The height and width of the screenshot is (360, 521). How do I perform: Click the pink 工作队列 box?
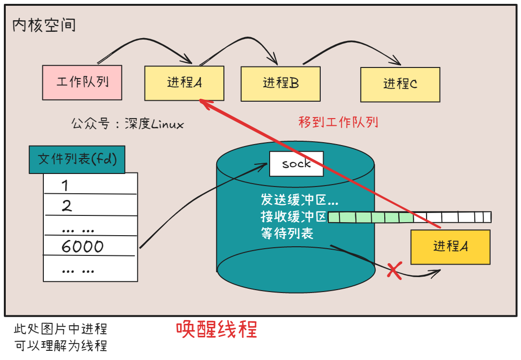pyautogui.click(x=82, y=82)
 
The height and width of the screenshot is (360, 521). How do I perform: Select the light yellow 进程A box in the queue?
pyautogui.click(x=184, y=83)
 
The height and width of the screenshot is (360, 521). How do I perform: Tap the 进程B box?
pyautogui.click(x=280, y=83)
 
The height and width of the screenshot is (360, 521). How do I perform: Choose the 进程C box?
pyautogui.click(x=400, y=84)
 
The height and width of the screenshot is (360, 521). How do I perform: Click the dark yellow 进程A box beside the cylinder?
pyautogui.click(x=450, y=247)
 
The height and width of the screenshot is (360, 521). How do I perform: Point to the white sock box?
pyautogui.click(x=296, y=164)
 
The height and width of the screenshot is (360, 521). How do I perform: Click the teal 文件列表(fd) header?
pyautogui.click(x=77, y=159)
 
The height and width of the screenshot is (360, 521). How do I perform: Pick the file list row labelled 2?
pyautogui.click(x=90, y=206)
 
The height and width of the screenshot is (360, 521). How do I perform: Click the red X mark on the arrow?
pyautogui.click(x=394, y=271)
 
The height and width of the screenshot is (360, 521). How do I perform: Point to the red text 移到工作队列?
pyautogui.click(x=338, y=122)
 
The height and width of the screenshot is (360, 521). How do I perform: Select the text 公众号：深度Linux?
pyautogui.click(x=128, y=124)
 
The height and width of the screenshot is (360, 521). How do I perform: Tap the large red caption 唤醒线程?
pyautogui.click(x=216, y=330)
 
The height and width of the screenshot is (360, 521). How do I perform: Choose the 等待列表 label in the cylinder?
pyautogui.click(x=287, y=234)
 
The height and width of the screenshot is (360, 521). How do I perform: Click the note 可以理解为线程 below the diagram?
pyautogui.click(x=61, y=346)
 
